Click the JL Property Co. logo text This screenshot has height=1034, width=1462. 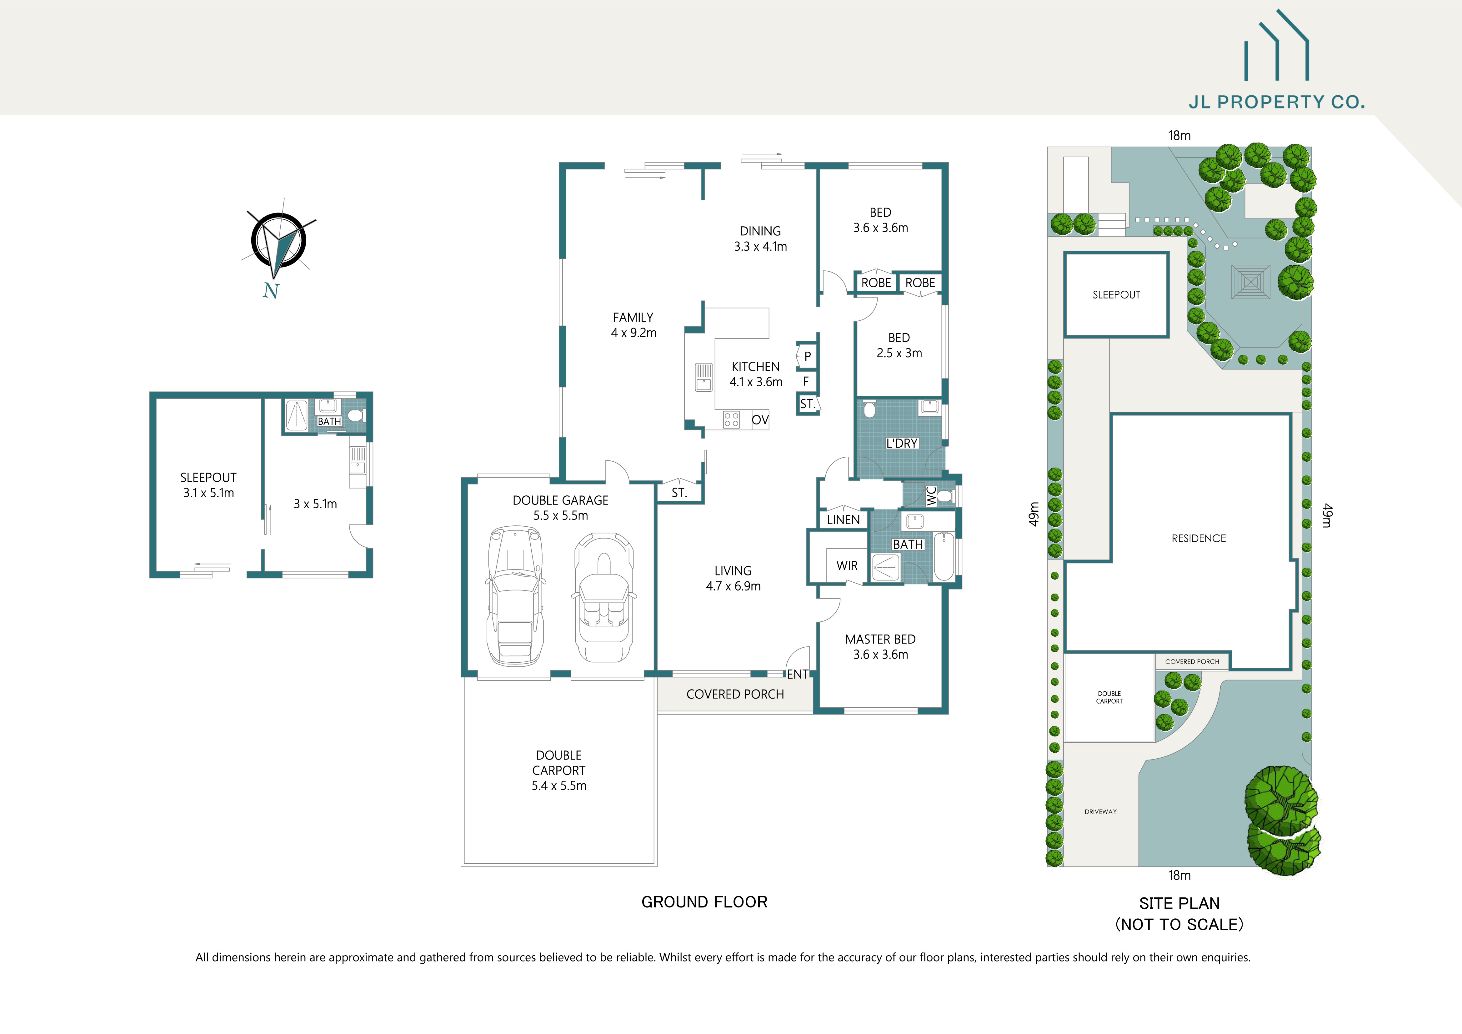point(1277,102)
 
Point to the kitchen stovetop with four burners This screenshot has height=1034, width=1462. point(731,419)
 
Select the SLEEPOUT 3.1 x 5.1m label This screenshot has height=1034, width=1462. point(208,484)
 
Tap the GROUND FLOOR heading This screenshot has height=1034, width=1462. point(704,902)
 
